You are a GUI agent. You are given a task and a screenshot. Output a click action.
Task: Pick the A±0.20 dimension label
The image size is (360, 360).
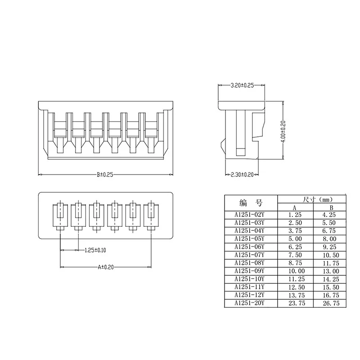[x=106, y=267]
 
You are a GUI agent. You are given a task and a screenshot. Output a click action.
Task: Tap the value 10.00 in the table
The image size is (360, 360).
[x=294, y=271]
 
